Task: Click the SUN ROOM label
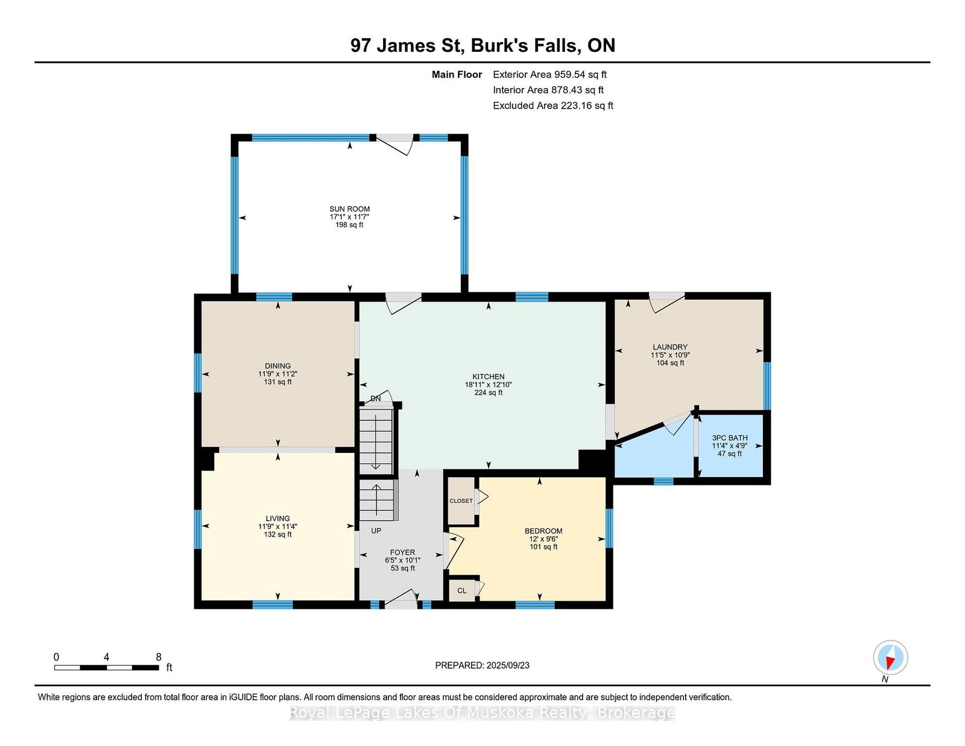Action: [x=349, y=209]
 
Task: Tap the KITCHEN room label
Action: [x=489, y=377]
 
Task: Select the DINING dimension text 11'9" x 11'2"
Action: [x=278, y=375]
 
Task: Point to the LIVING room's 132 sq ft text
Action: [x=278, y=535]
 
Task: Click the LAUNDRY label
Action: [x=670, y=347]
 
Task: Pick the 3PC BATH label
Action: [x=730, y=438]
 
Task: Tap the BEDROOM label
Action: [x=543, y=531]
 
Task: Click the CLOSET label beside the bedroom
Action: [x=461, y=501]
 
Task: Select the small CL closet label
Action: [x=462, y=590]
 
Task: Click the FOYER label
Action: [x=402, y=552]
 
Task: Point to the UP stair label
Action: [x=376, y=531]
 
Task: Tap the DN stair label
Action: [x=376, y=399]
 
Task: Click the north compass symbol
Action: [x=890, y=657]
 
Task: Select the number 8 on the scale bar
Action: [x=159, y=657]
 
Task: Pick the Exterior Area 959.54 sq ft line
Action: [x=550, y=75]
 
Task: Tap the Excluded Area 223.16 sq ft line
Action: [x=553, y=106]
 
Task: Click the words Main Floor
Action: [x=457, y=75]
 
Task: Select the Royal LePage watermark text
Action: [x=482, y=713]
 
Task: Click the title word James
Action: [x=407, y=45]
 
